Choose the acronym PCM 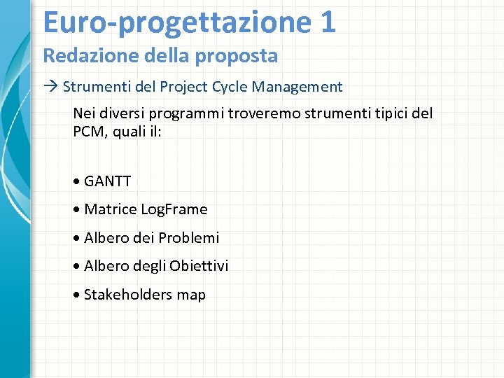point(87,131)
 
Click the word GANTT point(107,181)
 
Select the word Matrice point(110,209)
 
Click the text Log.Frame point(174,209)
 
